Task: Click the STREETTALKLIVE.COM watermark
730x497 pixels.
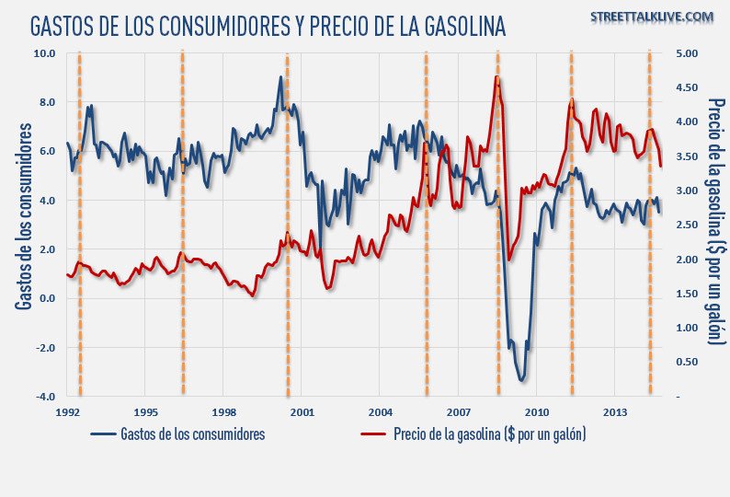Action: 654,17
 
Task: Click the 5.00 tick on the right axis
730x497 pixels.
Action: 686,53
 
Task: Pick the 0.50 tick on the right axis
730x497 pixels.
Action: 686,362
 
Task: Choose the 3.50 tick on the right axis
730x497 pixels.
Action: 686,156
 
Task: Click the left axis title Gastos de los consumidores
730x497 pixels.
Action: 24,225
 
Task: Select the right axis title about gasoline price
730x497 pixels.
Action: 716,221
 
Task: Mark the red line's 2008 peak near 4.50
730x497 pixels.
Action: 496,77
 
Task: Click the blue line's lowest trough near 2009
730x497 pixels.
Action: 522,380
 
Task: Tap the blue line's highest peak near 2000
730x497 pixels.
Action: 280,77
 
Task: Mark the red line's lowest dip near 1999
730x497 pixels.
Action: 253,295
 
